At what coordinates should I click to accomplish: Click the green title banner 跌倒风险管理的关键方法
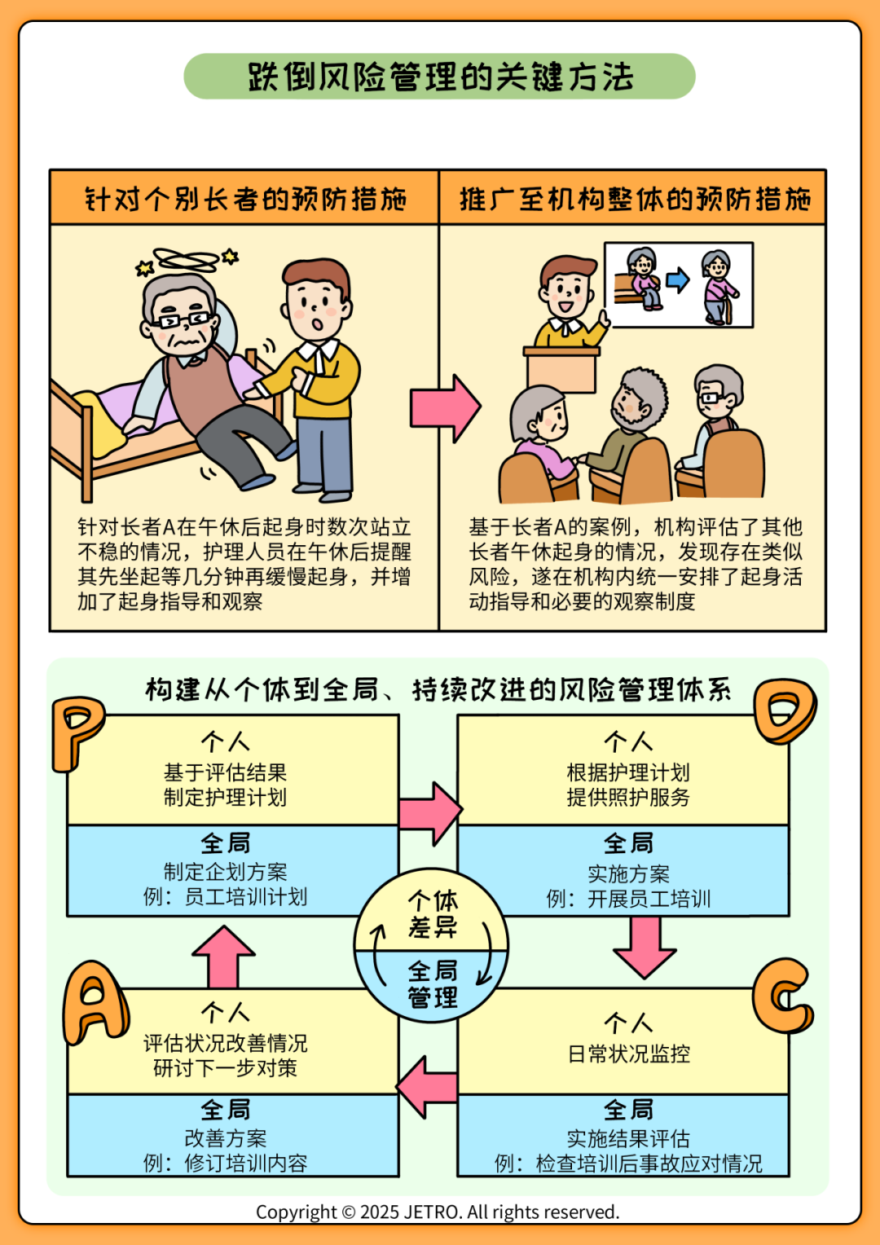pyautogui.click(x=439, y=76)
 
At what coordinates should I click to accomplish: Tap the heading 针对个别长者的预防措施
pyautogui.click(x=245, y=199)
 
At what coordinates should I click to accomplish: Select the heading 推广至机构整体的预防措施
pyautogui.click(x=635, y=199)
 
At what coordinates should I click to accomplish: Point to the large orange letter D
pyautogui.click(x=785, y=710)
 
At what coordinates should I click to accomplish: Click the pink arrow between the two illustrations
pyautogui.click(x=445, y=408)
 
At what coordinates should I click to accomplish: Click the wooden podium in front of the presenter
pyautogui.click(x=561, y=370)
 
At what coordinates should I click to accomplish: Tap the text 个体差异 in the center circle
pyautogui.click(x=433, y=914)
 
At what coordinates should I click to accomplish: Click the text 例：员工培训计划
pyautogui.click(x=225, y=897)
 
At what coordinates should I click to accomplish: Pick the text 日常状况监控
pyautogui.click(x=629, y=1054)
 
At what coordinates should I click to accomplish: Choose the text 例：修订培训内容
pyautogui.click(x=225, y=1163)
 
